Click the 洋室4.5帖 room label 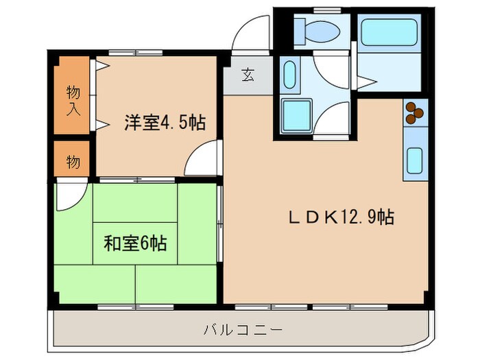[x=165, y=123]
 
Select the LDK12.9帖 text [x=340, y=217]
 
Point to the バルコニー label [x=243, y=330]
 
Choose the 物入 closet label [x=72, y=99]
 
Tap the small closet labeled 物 [x=72, y=162]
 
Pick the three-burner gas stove [x=416, y=112]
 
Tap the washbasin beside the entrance [x=289, y=73]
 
